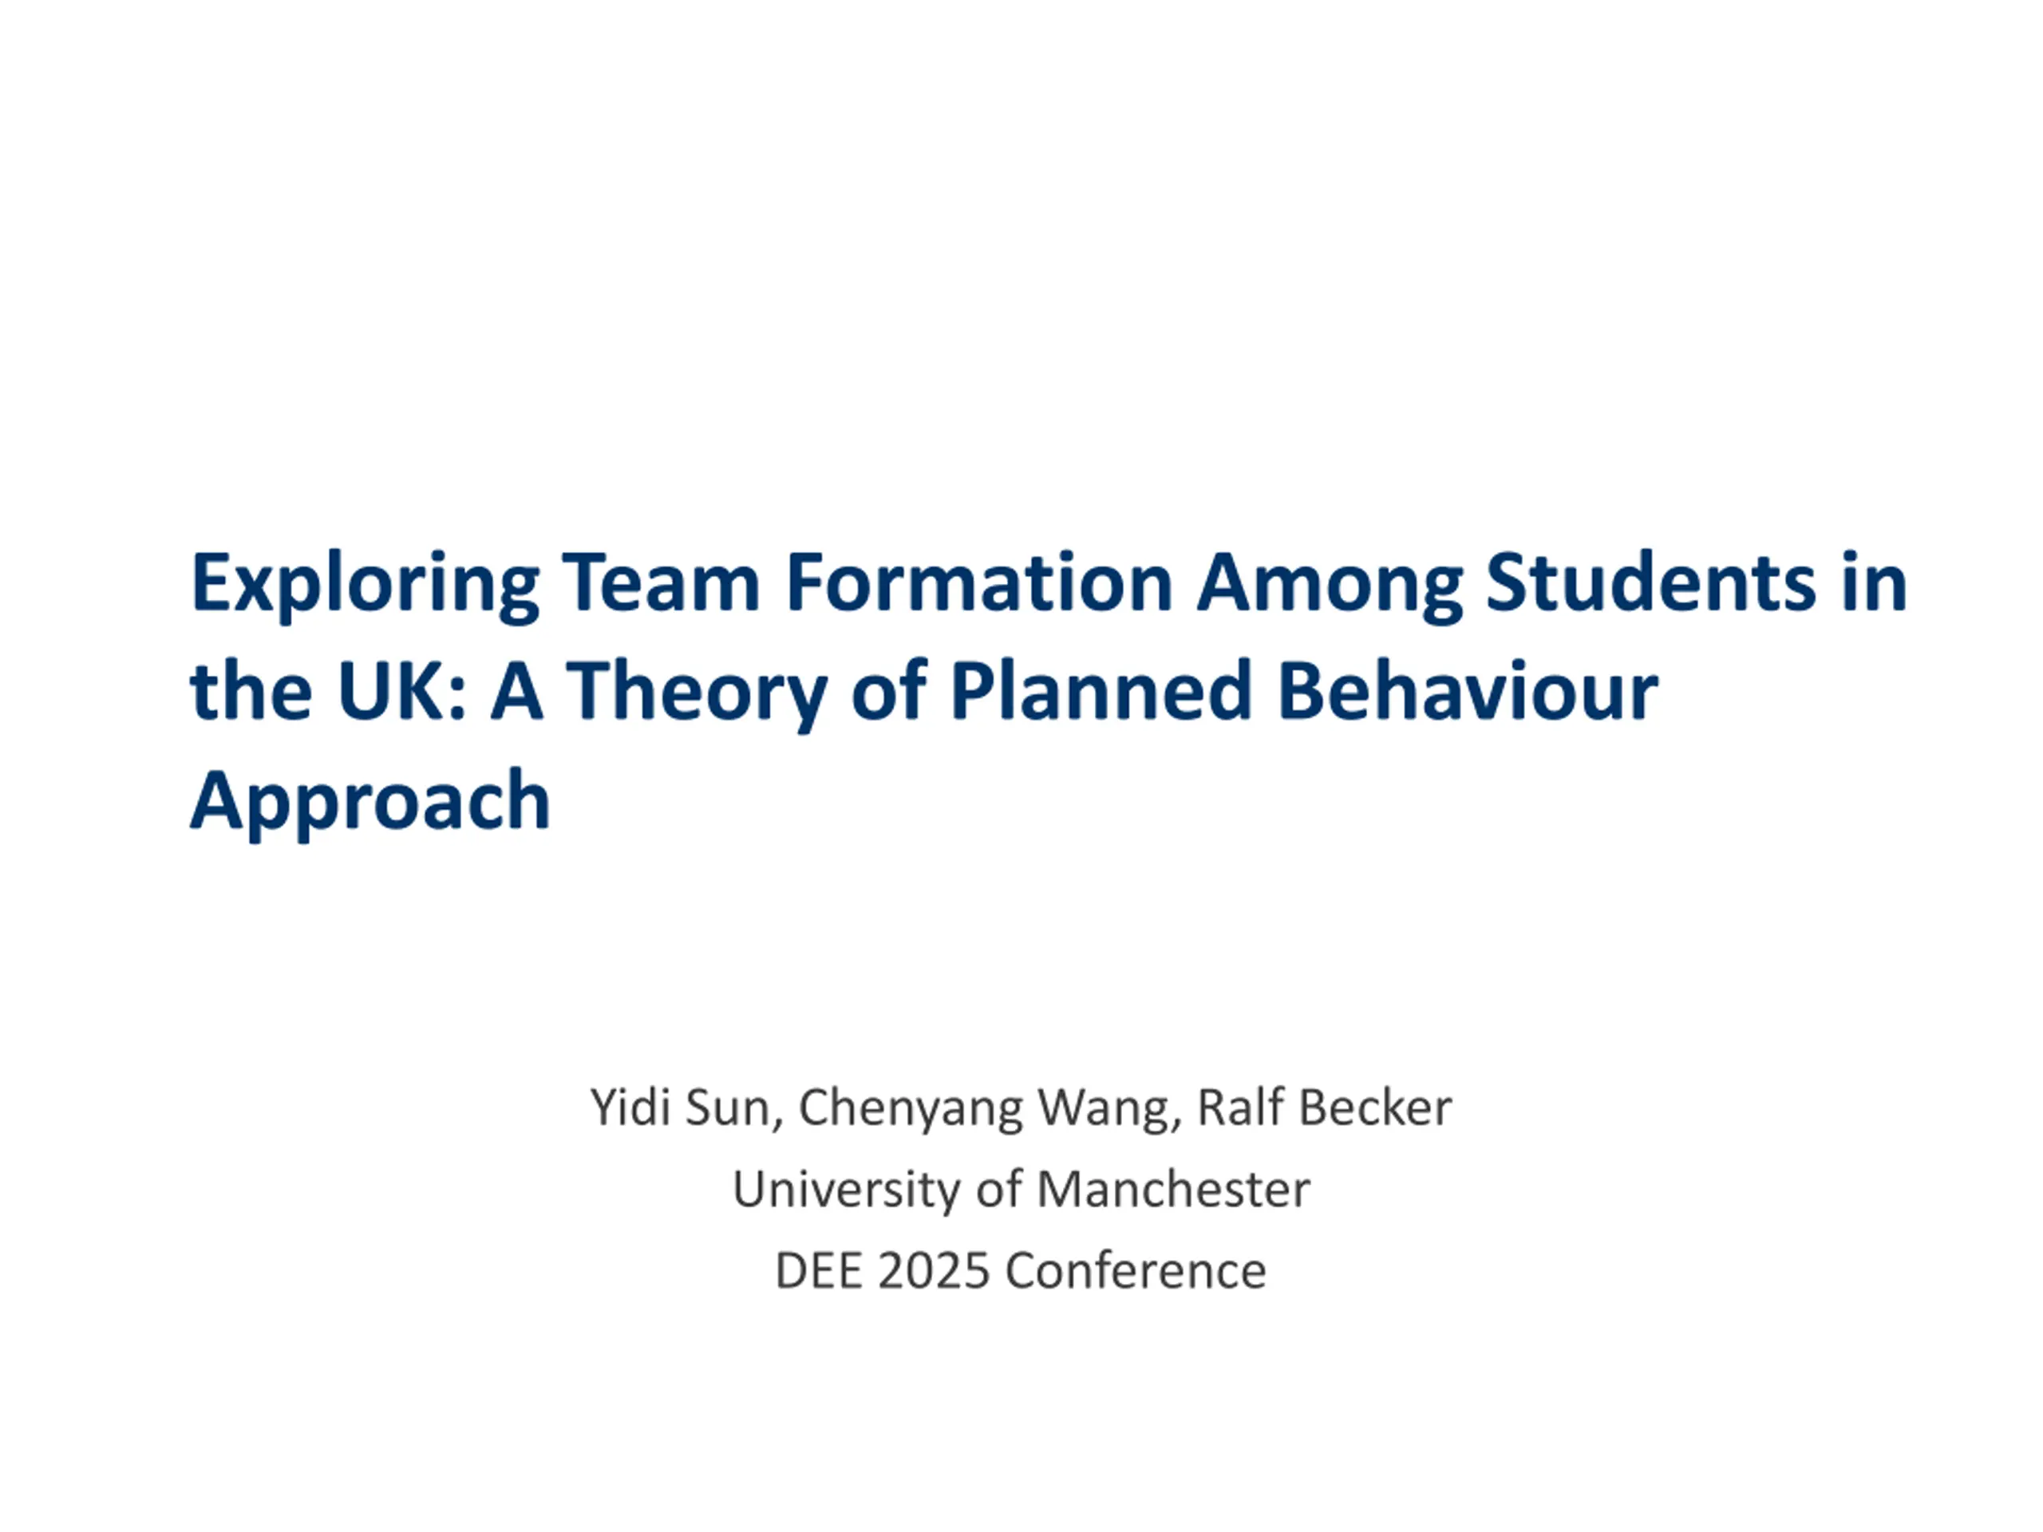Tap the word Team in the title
tap(660, 582)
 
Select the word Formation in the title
tap(979, 582)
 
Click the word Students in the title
tap(1650, 582)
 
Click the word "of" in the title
tap(888, 691)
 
